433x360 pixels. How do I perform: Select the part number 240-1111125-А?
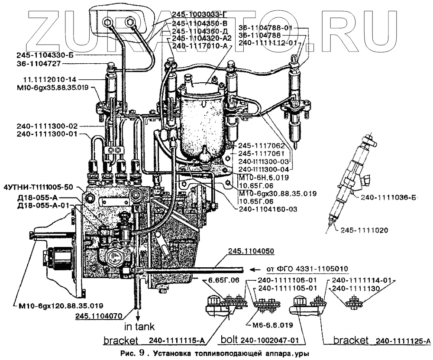[403, 340]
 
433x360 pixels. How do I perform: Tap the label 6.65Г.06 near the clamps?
[223, 280]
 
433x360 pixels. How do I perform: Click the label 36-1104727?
[39, 63]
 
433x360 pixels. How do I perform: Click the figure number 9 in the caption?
[139, 352]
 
